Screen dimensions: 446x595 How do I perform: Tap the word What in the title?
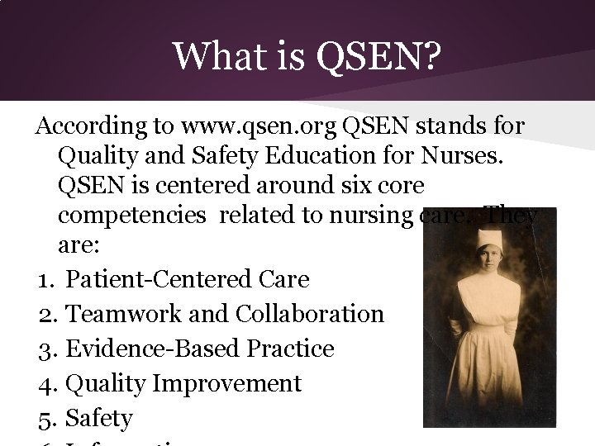coord(217,57)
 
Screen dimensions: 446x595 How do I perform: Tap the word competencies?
coord(132,216)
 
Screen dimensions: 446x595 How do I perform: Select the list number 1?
coord(45,280)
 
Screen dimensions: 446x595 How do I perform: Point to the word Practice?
coord(285,349)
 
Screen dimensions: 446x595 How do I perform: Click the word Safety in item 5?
coord(98,419)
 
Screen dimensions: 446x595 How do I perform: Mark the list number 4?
coord(45,384)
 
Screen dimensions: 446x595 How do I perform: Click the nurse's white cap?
coord(489,241)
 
